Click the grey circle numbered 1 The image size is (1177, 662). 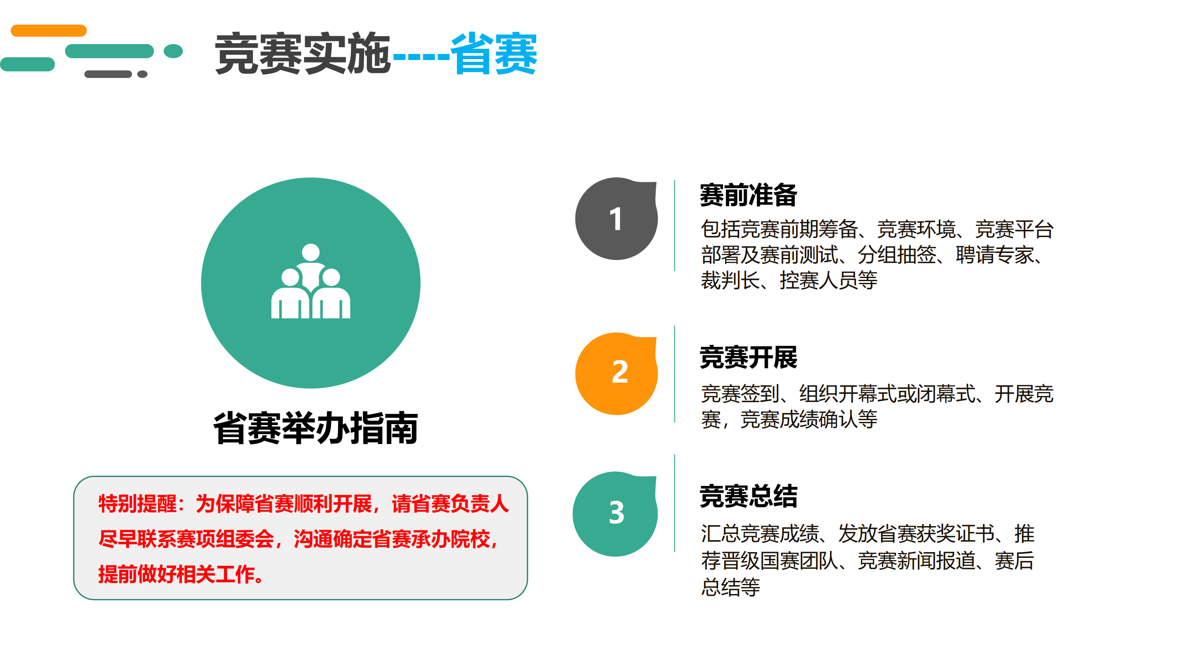(616, 219)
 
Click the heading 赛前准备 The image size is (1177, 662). (748, 195)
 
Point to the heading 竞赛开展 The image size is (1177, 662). (748, 357)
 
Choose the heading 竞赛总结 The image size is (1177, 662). (748, 496)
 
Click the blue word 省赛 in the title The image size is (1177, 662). (493, 53)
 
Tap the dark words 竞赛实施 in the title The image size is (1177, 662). (303, 53)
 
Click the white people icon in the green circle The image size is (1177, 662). (311, 281)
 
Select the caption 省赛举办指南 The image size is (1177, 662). (315, 428)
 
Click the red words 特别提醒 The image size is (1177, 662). (137, 504)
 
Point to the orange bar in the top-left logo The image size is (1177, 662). (49, 30)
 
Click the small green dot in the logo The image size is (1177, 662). (173, 51)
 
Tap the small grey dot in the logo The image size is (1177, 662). (142, 74)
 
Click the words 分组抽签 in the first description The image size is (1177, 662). (896, 255)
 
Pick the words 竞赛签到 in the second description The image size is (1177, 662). (740, 394)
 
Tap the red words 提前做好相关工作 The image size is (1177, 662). (176, 574)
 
